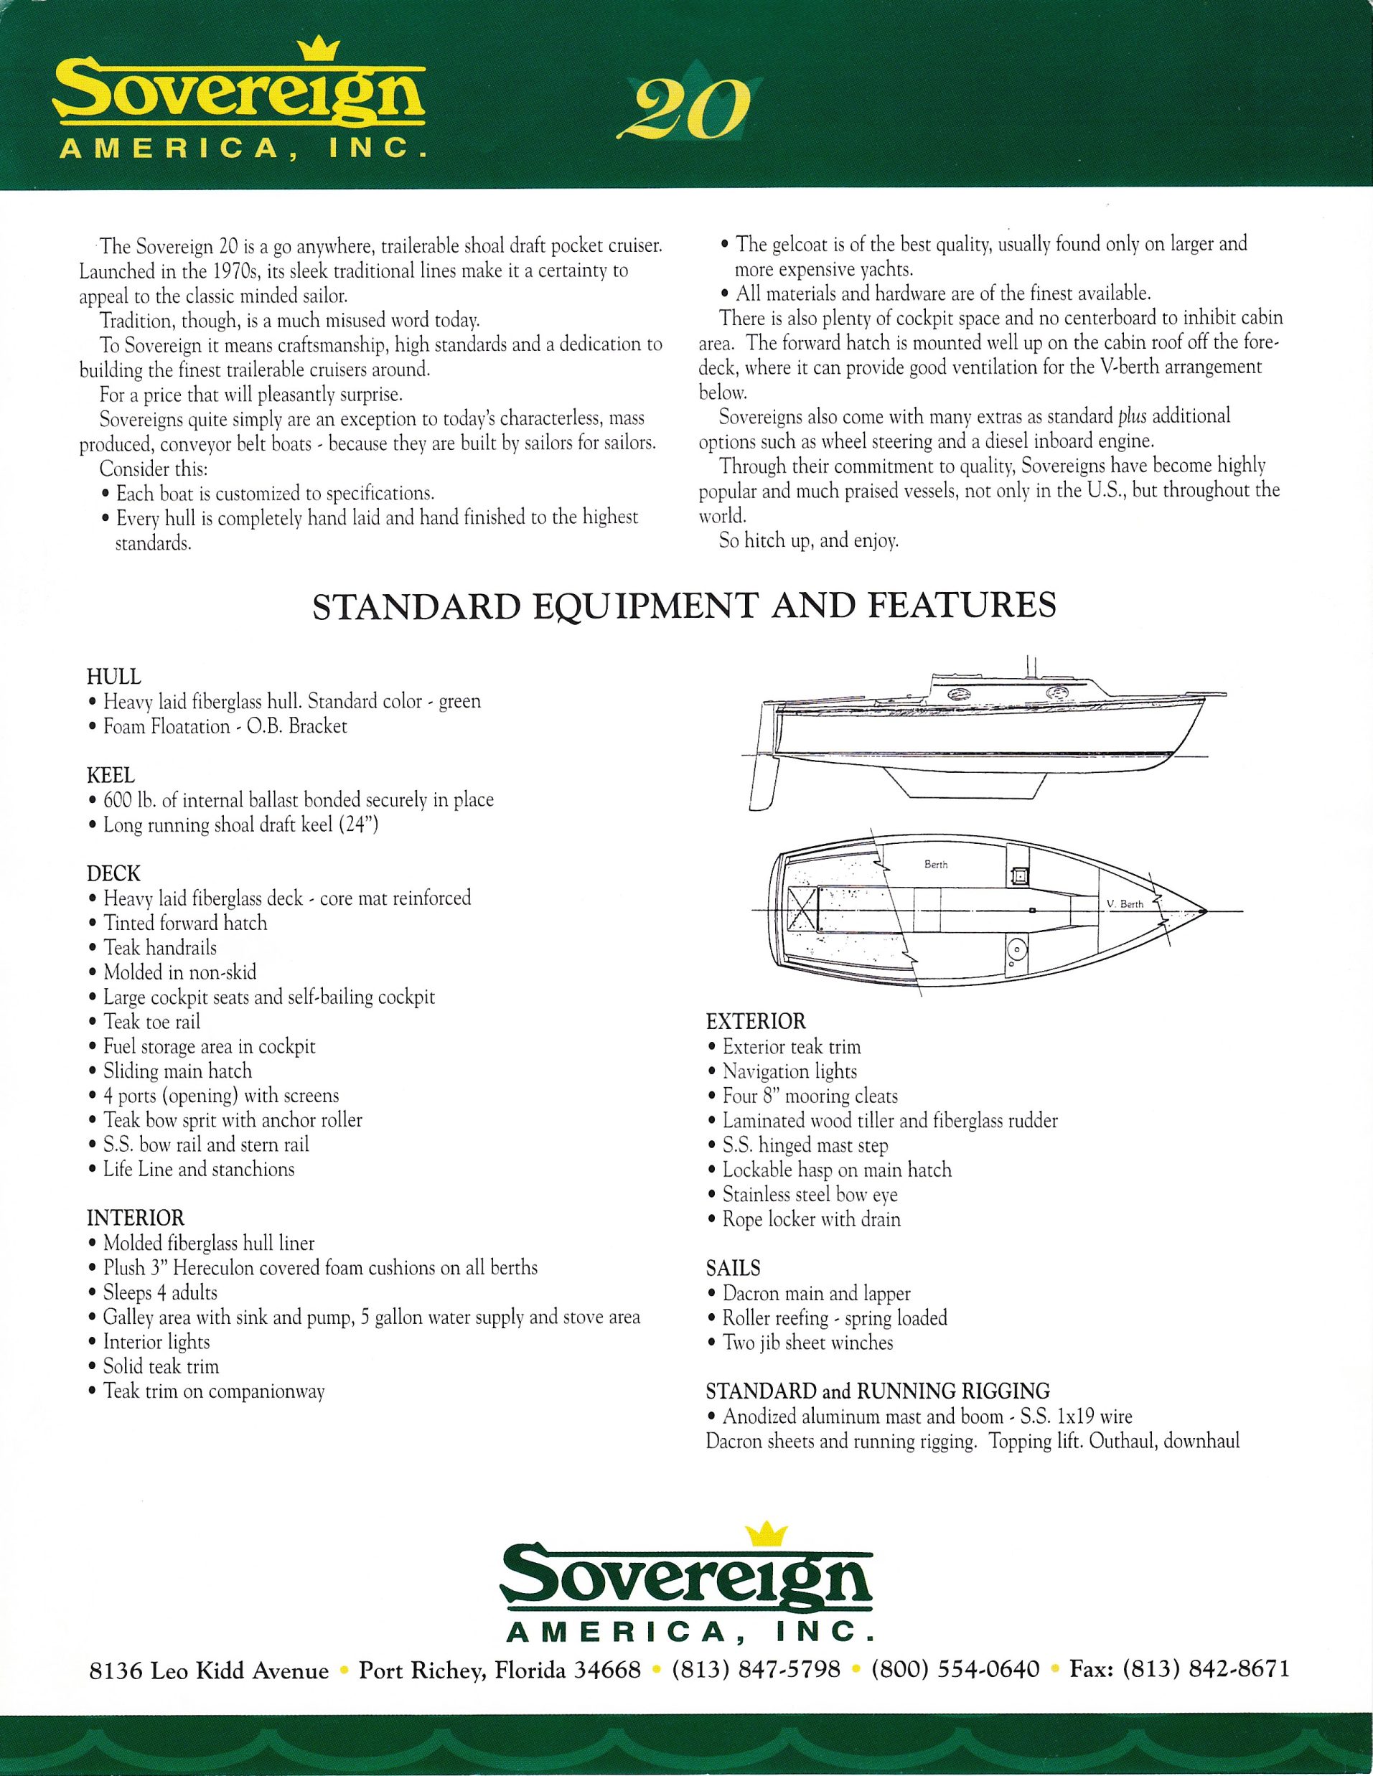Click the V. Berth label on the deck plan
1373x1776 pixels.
pyautogui.click(x=1125, y=904)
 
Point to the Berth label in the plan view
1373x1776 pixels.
pyautogui.click(x=935, y=865)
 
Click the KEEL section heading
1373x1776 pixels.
pyautogui.click(x=111, y=775)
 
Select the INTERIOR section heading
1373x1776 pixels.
pyautogui.click(x=135, y=1217)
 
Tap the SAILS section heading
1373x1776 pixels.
pyautogui.click(x=733, y=1268)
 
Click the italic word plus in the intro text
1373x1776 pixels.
pyautogui.click(x=1131, y=417)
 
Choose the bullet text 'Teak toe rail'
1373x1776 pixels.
pyautogui.click(x=151, y=1021)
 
